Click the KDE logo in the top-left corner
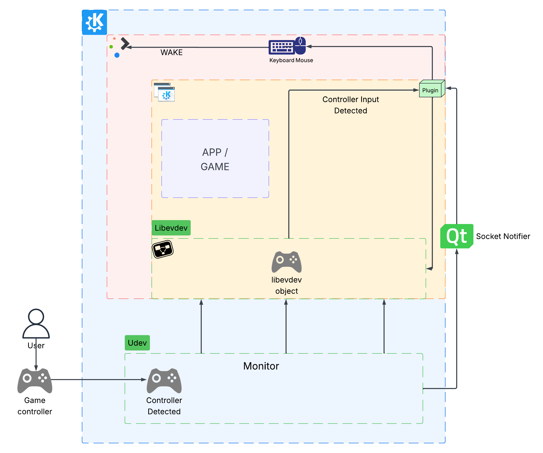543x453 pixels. (x=94, y=22)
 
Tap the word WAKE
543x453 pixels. (x=171, y=53)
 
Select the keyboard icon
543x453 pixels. (x=282, y=47)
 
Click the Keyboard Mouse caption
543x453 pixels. (x=291, y=60)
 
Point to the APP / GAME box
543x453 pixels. (x=215, y=159)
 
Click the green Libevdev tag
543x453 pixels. (x=171, y=228)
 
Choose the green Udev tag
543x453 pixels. (x=137, y=343)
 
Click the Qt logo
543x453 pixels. (x=457, y=236)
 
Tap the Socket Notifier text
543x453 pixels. (x=503, y=236)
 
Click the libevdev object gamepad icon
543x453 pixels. (x=287, y=262)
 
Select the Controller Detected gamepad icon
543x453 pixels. (x=164, y=380)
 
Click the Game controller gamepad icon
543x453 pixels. (x=35, y=380)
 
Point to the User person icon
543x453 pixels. (x=36, y=324)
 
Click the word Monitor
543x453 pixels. (x=261, y=366)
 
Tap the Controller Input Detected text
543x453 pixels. (x=351, y=105)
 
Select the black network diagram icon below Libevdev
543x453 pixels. (x=163, y=249)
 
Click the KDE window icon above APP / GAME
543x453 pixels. (x=164, y=92)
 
